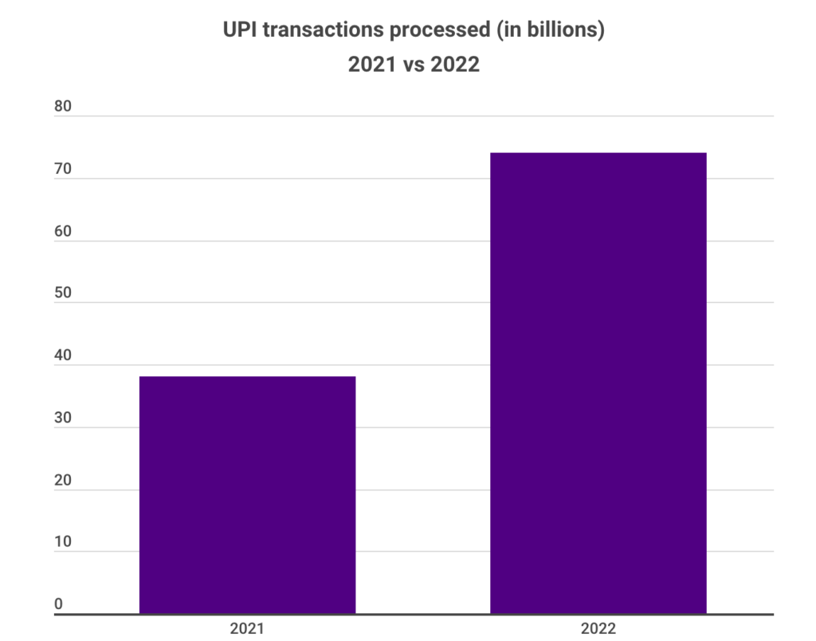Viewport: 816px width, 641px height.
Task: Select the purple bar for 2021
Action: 247,494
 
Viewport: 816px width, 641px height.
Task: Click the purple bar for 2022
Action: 598,383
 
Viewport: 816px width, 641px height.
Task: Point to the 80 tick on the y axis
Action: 63,108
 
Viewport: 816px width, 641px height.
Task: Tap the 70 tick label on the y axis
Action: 63,170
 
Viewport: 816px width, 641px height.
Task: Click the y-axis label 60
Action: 63,232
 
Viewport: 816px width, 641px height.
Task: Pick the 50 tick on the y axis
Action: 63,293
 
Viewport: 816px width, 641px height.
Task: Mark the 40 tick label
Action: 63,356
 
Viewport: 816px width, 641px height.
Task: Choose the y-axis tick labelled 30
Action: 63,419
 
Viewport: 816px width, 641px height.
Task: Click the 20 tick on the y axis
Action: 63,481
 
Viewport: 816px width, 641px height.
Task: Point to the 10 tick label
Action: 63,542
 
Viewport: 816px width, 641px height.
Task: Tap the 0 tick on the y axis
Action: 58,604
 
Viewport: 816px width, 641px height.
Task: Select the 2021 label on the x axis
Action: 247,628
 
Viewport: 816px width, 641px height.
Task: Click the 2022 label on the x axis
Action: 598,628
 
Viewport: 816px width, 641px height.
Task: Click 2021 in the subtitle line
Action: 371,65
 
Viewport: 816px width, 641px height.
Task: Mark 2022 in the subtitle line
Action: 455,65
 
